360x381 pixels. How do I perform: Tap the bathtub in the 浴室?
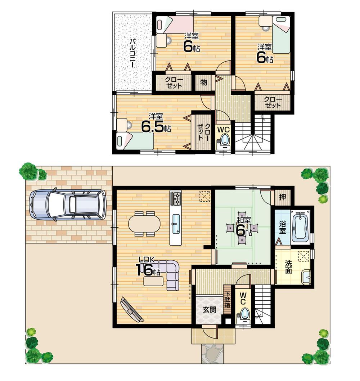[x=301, y=227]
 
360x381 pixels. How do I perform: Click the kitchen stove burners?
[x=176, y=198]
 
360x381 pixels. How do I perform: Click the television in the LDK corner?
[x=132, y=309]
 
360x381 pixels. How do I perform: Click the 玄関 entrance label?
[x=209, y=309]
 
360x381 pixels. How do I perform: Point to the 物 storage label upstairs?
[x=204, y=82]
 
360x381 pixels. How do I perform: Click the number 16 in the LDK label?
[x=144, y=270]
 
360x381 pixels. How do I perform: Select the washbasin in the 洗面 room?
[x=306, y=277]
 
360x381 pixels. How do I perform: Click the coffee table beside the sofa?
[x=153, y=281]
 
